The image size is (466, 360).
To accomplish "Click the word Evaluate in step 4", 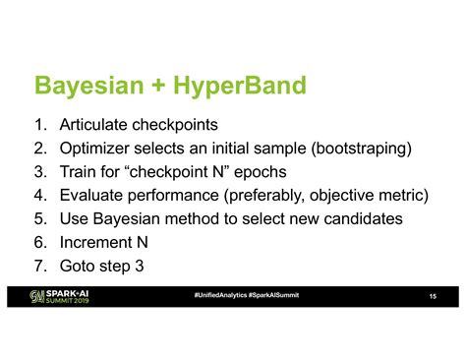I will (95, 195).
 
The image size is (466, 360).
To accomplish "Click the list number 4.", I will (39, 195).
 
